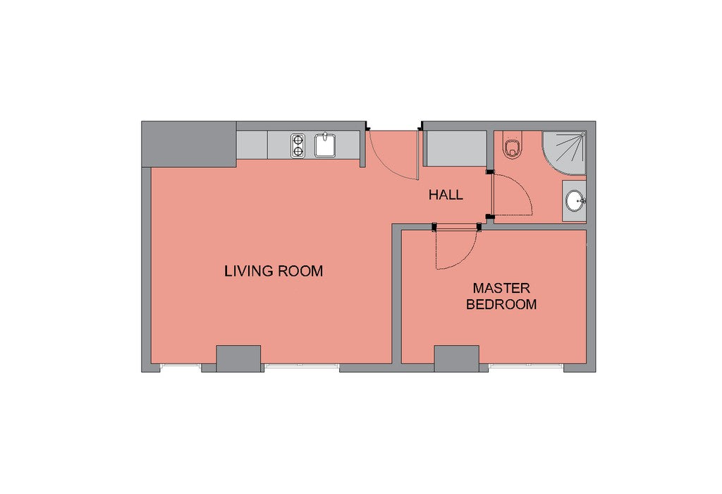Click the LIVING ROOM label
point(274,271)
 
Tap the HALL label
point(446,195)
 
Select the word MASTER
point(501,289)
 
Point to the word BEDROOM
point(501,305)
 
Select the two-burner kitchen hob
point(298,145)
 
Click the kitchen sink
point(325,145)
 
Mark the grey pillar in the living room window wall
point(238,359)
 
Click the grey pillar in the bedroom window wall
point(457,359)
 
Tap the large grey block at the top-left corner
point(189,144)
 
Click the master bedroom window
point(526,367)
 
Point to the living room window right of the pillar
point(302,367)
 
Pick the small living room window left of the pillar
point(180,367)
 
